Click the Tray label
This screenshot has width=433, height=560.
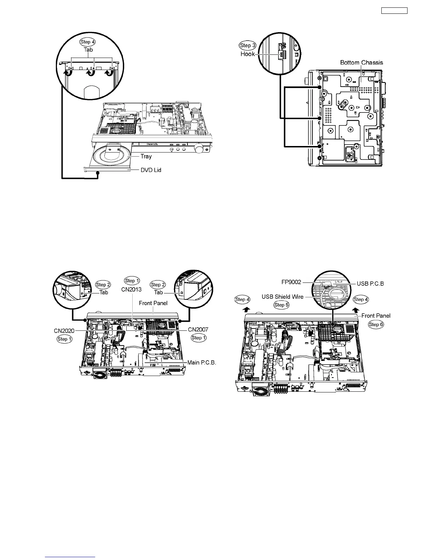tap(146, 156)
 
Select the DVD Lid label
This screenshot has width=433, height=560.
tap(151, 170)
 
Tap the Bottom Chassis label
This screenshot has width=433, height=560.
tap(361, 63)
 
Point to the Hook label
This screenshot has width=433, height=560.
tap(248, 54)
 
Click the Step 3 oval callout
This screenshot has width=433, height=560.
tap(248, 45)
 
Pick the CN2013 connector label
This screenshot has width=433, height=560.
tap(131, 289)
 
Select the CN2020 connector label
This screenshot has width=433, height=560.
tap(64, 331)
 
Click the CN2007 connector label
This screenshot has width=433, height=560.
tap(198, 329)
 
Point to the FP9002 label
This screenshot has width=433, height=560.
tap(289, 282)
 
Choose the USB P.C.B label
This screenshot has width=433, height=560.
tap(370, 284)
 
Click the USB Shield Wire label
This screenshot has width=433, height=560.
tap(283, 297)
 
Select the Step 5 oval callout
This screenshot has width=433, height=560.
tap(282, 305)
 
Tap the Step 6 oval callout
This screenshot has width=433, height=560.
tap(376, 324)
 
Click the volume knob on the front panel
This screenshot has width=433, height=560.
tap(200, 150)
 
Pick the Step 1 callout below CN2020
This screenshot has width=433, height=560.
tap(64, 339)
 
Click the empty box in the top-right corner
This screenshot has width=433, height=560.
tap(394, 11)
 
